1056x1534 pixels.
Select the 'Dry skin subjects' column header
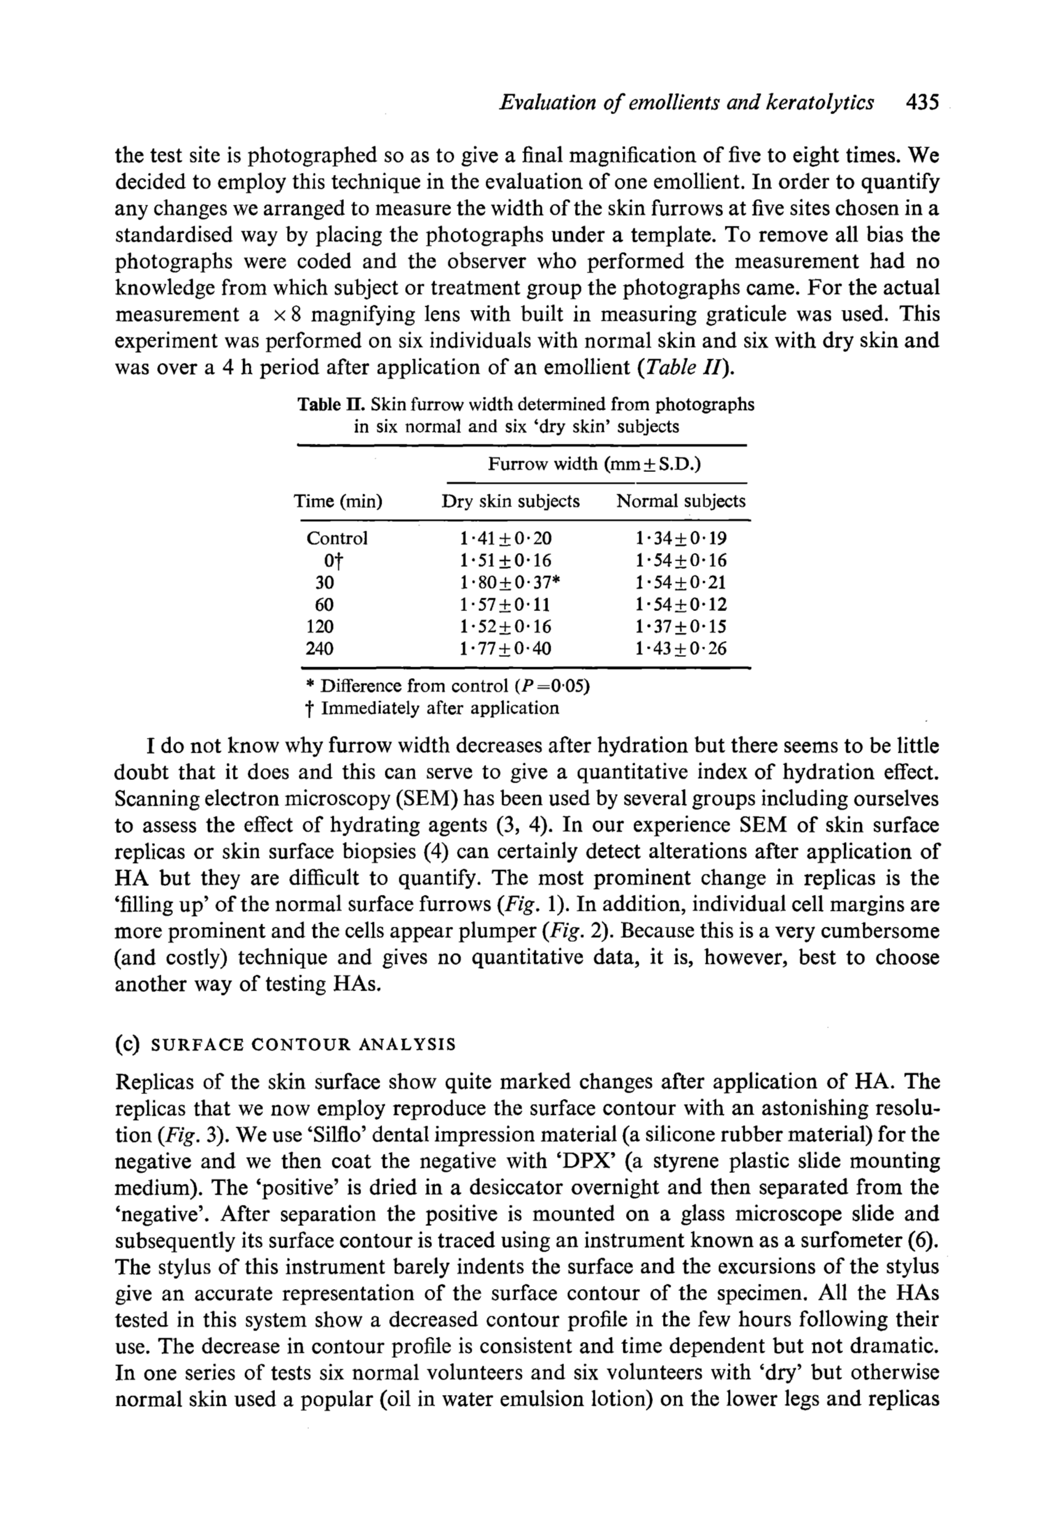pyautogui.click(x=510, y=501)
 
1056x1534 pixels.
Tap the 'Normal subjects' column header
pyautogui.click(x=681, y=501)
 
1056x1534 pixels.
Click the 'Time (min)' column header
pyautogui.click(x=338, y=501)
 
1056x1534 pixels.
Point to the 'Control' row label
pyautogui.click(x=337, y=538)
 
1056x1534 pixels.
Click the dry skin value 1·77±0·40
pyautogui.click(x=505, y=649)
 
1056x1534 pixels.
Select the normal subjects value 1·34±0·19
pyautogui.click(x=681, y=538)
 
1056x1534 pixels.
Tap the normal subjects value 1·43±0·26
pyautogui.click(x=681, y=649)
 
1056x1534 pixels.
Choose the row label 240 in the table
pyautogui.click(x=320, y=649)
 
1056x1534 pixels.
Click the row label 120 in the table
pyautogui.click(x=320, y=626)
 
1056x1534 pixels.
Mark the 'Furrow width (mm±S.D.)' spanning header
pyautogui.click(x=594, y=464)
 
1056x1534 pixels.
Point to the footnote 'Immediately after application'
pyautogui.click(x=440, y=709)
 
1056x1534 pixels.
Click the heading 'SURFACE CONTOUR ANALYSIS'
pyautogui.click(x=304, y=1045)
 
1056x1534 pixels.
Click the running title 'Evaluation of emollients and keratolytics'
pyautogui.click(x=686, y=103)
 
